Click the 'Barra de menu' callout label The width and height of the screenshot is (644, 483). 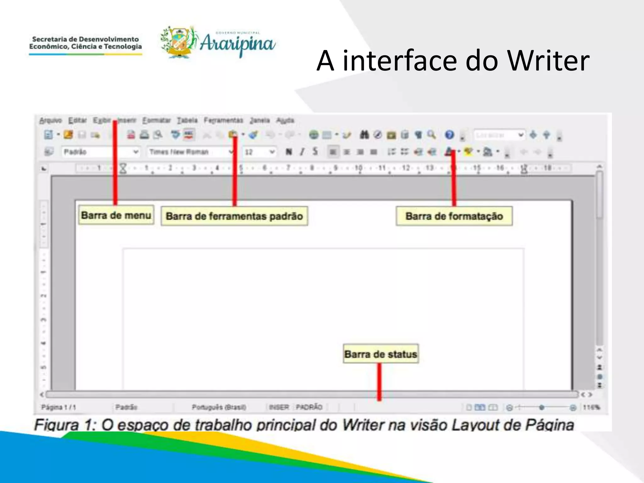[x=116, y=215]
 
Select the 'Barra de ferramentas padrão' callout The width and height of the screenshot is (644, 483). [x=234, y=216]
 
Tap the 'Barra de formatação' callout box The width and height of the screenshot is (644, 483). [x=454, y=216]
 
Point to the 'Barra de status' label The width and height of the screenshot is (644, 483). [x=380, y=354]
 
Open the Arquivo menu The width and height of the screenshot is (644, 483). [x=50, y=120]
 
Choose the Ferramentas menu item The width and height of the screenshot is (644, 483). [x=223, y=120]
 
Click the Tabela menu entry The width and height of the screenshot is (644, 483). [x=187, y=120]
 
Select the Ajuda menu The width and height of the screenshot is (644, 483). [x=285, y=120]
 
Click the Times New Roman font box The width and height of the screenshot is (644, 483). [x=189, y=152]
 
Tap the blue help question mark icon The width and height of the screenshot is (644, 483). [x=449, y=135]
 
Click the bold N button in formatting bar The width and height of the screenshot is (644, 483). [x=288, y=152]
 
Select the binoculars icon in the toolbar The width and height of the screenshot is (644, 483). [x=364, y=135]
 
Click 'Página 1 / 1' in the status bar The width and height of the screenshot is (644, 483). [x=58, y=408]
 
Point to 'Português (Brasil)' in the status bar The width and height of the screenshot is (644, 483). [x=219, y=408]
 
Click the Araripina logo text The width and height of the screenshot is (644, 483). [x=237, y=44]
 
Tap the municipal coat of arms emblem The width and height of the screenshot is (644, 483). [x=179, y=42]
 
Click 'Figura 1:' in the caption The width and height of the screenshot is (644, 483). [x=65, y=425]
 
